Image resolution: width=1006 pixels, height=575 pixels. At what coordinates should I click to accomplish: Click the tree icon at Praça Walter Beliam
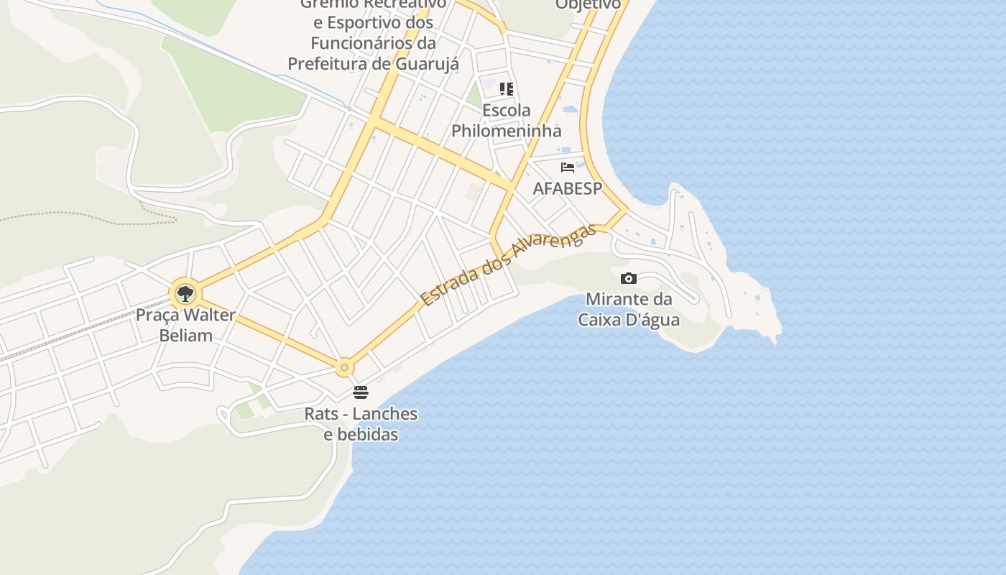pos(185,293)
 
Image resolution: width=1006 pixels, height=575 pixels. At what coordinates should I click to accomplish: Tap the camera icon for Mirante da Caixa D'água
pos(628,278)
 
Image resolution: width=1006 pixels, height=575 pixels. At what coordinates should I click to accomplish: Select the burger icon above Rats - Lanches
pos(361,392)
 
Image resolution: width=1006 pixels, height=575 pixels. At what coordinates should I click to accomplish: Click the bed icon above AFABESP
pos(568,167)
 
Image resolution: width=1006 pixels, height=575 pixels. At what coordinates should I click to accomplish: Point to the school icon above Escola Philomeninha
pos(507,89)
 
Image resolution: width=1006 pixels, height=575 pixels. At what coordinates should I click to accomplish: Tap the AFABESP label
pos(567,188)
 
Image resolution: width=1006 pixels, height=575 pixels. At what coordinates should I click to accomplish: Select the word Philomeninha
pos(506,131)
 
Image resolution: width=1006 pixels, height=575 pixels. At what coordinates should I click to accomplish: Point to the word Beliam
pos(185,335)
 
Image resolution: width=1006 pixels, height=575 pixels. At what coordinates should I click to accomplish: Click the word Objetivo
pos(588,5)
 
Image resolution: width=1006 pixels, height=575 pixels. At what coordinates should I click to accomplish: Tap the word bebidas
pos(366,435)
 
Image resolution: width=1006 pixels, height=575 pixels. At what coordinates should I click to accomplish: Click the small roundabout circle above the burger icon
pos(344,367)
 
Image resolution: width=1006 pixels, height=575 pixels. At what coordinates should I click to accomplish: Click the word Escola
pos(507,111)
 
